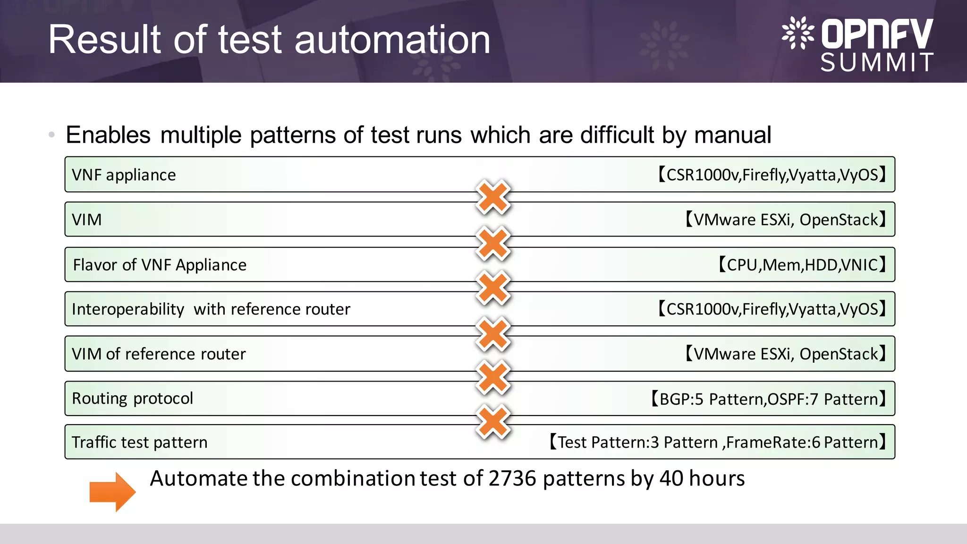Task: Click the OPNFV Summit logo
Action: point(857,44)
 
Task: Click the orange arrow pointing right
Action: point(112,492)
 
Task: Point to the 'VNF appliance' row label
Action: point(124,175)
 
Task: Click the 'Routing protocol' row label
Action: point(132,398)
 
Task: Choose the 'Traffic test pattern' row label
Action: point(139,442)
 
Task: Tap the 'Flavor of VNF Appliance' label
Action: point(160,265)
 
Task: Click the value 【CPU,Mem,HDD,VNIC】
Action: point(802,265)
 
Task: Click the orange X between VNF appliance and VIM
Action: point(493,197)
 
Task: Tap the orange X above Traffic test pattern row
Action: point(493,421)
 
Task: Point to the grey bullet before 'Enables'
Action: point(51,135)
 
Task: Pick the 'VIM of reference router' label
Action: point(159,354)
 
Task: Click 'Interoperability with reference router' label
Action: point(211,309)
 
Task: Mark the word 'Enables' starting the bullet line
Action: point(108,135)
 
